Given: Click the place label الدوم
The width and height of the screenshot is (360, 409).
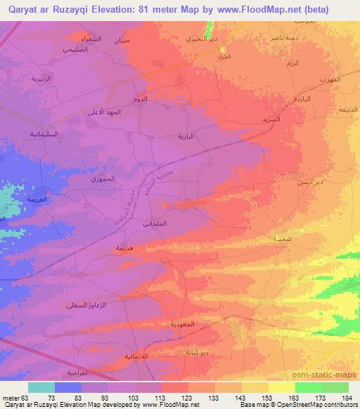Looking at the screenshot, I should click(141, 100).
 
